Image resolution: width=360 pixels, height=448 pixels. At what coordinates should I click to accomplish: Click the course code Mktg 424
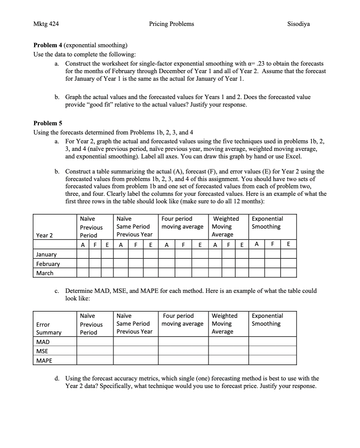46,24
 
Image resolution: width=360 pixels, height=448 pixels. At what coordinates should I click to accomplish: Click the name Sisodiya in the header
298,24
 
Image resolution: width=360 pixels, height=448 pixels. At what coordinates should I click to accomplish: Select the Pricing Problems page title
171,24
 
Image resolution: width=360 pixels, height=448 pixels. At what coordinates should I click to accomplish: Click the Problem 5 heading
48,123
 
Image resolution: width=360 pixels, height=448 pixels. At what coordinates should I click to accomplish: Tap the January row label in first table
46,255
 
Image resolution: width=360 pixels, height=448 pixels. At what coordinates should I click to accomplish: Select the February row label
48,264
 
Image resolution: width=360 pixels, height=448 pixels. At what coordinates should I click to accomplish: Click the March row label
45,273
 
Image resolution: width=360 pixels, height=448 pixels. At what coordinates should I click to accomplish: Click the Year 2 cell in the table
44,235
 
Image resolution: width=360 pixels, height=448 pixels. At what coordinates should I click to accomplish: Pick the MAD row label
43,342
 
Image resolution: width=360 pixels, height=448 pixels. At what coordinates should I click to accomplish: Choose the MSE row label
42,351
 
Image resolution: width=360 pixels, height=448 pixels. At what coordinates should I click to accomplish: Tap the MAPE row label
44,360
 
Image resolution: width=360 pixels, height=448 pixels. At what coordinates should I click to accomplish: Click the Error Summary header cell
49,328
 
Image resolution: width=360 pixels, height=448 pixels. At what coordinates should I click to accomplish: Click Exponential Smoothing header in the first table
267,223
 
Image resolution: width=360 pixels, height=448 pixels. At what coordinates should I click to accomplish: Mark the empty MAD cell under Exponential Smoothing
272,342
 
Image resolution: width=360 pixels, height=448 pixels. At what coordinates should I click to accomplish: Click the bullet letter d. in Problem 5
57,378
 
